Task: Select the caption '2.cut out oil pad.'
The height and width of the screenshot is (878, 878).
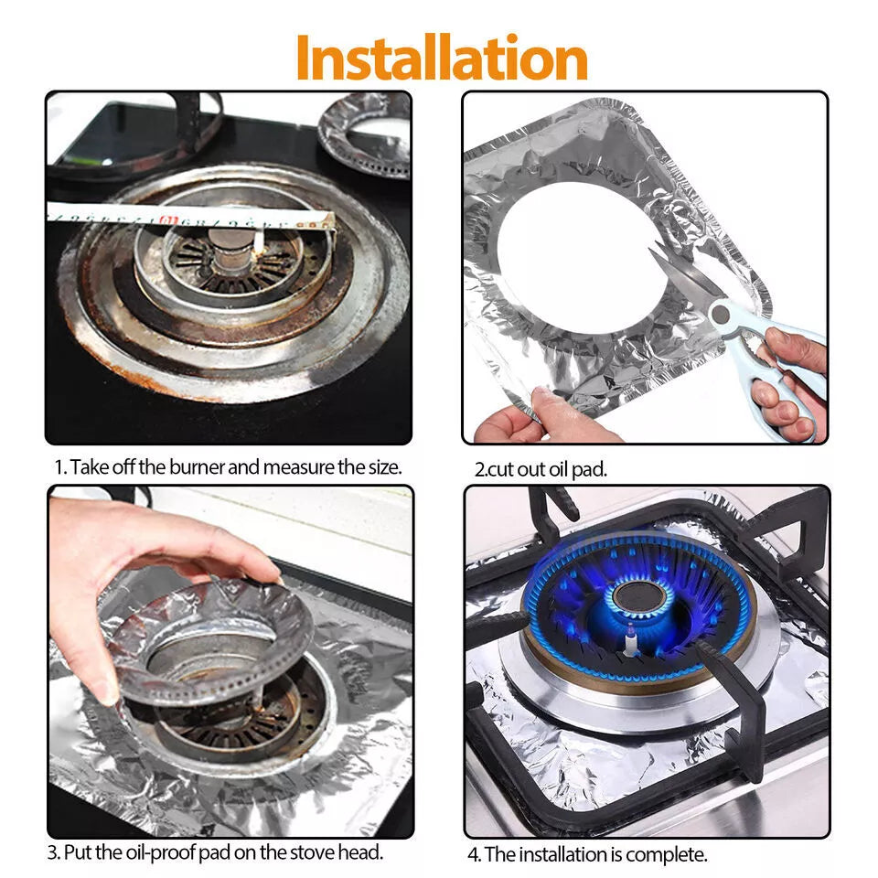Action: pyautogui.click(x=540, y=469)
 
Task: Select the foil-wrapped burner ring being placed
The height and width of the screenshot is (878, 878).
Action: pyautogui.click(x=210, y=640)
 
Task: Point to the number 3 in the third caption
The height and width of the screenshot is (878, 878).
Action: pyautogui.click(x=52, y=852)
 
